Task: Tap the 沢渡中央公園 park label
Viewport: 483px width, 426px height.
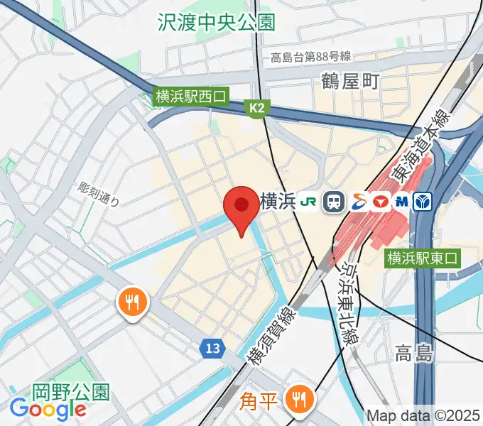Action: coord(216,22)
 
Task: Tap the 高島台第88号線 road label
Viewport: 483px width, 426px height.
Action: coord(311,58)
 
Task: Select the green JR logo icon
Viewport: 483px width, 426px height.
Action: coord(309,202)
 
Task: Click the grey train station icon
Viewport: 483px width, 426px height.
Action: coord(333,202)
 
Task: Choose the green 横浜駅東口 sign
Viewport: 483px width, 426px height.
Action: coord(423,259)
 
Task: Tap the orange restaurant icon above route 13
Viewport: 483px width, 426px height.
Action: coord(132,302)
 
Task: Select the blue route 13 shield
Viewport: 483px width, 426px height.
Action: coord(213,348)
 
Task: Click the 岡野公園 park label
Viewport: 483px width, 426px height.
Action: coord(70,391)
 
